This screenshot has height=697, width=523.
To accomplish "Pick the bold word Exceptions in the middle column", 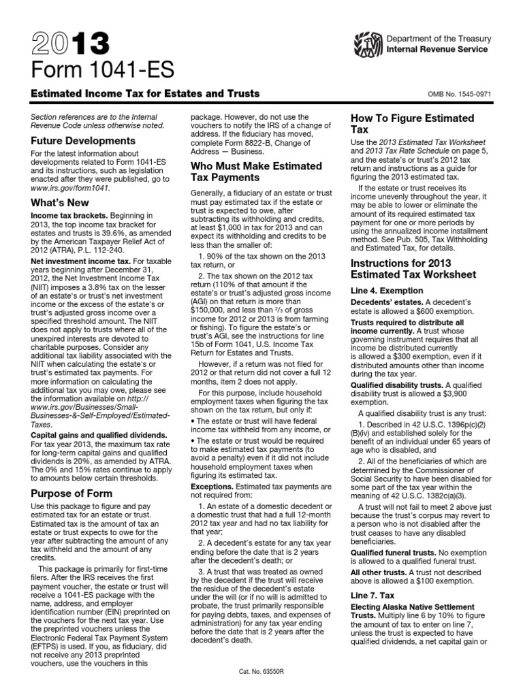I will pos(214,487).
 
